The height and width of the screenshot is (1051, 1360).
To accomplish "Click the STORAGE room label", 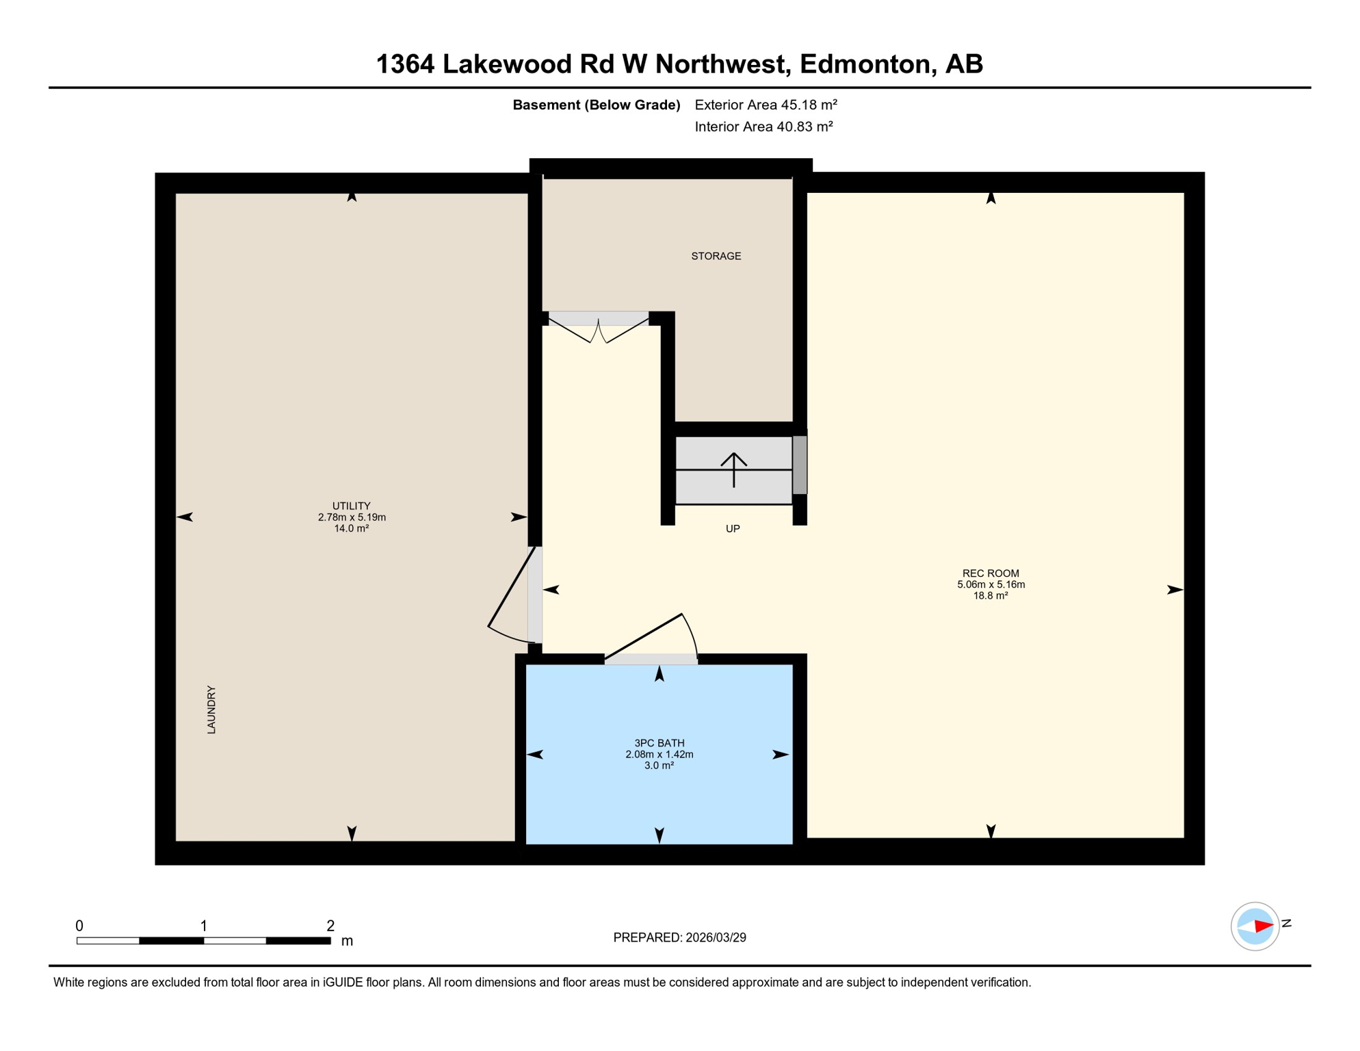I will point(716,256).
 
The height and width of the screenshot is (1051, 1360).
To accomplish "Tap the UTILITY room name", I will point(351,506).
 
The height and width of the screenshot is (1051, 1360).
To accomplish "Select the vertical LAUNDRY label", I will point(211,710).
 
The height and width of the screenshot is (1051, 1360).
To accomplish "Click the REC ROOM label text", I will point(990,573).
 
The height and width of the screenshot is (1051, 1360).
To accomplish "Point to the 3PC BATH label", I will point(659,742).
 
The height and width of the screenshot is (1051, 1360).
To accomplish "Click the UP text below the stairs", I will point(733,528).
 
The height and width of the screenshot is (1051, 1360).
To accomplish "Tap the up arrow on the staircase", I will point(733,469).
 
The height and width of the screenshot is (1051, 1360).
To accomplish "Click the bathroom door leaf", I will point(643,637).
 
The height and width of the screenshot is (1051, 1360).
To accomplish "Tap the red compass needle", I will point(1263,926).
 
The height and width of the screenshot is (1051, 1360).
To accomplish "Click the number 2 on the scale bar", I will point(330,926).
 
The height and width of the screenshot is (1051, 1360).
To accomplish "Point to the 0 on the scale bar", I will point(79,926).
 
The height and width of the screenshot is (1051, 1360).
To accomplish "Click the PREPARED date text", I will point(679,937).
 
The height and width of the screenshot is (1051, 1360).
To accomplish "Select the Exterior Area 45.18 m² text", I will point(766,105).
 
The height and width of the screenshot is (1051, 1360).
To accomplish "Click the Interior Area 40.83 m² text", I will point(763,127).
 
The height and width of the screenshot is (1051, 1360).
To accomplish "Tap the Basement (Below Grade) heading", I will point(596,105).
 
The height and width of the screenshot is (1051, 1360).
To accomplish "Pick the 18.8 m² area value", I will point(990,595).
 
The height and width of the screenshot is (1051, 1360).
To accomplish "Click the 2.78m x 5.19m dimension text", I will point(351,517).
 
